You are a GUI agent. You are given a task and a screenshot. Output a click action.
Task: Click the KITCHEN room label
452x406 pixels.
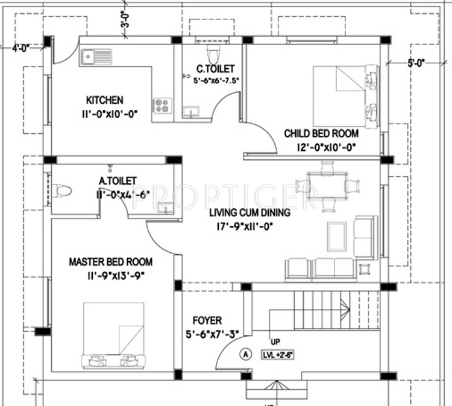(x=104, y=100)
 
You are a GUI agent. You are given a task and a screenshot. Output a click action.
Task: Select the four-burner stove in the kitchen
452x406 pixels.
(x=162, y=106)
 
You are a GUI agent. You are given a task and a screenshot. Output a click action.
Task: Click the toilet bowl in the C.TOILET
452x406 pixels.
(x=211, y=49)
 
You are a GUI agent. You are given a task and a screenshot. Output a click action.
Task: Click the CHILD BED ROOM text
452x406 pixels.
(x=321, y=133)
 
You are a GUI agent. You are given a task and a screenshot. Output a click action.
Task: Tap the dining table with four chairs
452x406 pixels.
(x=327, y=185)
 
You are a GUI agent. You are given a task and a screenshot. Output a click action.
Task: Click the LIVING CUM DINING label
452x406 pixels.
(x=250, y=213)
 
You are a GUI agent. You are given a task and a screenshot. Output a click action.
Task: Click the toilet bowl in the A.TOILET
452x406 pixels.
(x=61, y=191)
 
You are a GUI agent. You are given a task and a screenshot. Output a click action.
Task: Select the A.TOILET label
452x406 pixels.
(x=118, y=180)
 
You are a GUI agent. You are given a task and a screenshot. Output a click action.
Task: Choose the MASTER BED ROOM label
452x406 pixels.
(x=110, y=262)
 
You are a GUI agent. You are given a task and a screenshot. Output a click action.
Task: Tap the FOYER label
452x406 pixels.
(x=207, y=320)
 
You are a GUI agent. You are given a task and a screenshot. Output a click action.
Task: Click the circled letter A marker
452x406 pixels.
(x=245, y=354)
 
